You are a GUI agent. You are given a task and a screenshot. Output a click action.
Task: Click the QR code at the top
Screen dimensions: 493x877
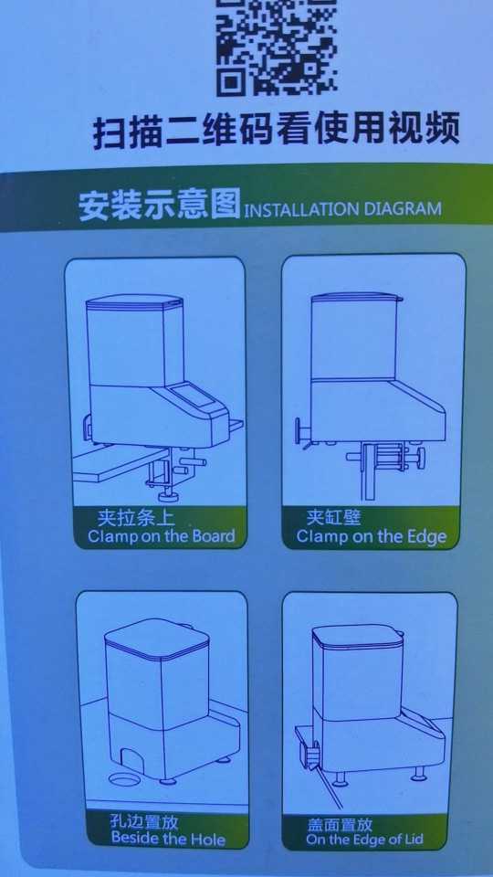pos(277,46)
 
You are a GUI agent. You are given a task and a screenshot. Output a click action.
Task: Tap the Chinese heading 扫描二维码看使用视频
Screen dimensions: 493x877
pos(276,131)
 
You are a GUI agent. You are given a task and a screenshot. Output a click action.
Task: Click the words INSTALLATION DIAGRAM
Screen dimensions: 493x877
pos(343,209)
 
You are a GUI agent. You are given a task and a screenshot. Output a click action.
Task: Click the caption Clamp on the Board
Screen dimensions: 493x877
pos(161,536)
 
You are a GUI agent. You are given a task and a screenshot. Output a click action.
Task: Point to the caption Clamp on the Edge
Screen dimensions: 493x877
pos(372,537)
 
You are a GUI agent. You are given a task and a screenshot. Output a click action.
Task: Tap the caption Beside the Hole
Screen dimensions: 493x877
pos(168,839)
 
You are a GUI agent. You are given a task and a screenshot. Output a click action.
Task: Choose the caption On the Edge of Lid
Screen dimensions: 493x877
pos(364,840)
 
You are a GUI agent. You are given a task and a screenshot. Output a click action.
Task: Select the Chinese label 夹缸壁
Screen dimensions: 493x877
pos(334,517)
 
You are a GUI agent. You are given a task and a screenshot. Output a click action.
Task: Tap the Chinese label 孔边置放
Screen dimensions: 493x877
pos(143,821)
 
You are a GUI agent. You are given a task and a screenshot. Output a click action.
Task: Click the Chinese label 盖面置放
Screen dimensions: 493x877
pos(340,824)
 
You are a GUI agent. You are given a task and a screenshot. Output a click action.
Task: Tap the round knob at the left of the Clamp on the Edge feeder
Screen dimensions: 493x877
pos(298,431)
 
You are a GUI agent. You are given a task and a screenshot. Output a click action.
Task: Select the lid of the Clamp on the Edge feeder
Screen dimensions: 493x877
pos(357,297)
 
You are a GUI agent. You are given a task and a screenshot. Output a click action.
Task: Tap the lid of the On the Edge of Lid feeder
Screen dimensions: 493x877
pos(358,637)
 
